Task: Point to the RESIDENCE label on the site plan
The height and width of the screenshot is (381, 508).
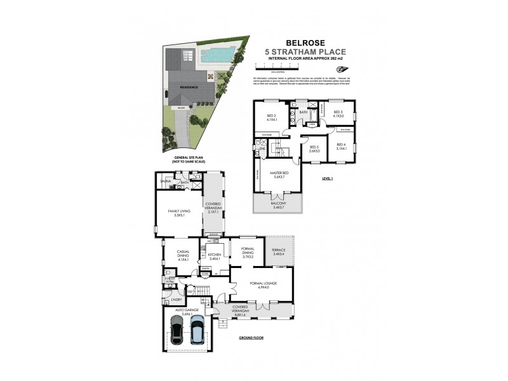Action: (190, 87)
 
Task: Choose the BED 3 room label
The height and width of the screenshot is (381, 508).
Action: (338, 114)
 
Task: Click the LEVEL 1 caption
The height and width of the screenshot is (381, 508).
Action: (328, 178)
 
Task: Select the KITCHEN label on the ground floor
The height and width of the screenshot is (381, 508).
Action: (214, 256)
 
